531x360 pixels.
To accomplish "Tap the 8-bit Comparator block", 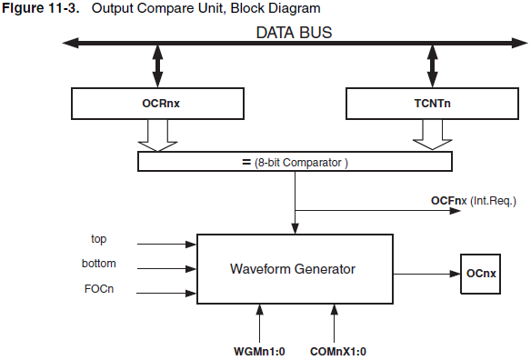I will [x=294, y=162].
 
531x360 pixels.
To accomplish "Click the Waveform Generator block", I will [x=294, y=269].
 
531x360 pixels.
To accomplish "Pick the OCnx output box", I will [x=481, y=273].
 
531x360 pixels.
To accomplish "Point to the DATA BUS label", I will [x=293, y=32].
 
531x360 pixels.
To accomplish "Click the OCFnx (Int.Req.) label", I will [x=474, y=198].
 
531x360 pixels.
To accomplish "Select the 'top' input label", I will [x=99, y=240].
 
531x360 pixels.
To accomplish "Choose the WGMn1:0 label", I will [x=260, y=350].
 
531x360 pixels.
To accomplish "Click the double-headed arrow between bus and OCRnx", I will [x=157, y=65].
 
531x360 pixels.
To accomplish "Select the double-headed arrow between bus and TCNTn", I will [x=432, y=65].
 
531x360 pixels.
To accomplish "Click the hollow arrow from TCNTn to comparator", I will [x=432, y=135].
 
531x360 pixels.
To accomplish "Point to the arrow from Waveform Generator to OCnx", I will [x=425, y=273].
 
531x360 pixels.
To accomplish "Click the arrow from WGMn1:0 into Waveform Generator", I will [x=260, y=322].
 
